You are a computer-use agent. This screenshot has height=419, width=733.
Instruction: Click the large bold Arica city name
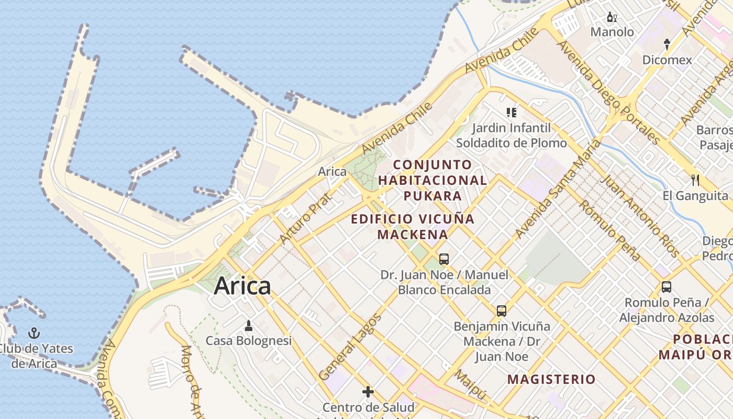242,286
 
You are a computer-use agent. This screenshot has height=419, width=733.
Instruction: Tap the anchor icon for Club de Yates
34,333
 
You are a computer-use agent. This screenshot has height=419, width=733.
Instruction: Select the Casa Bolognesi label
248,341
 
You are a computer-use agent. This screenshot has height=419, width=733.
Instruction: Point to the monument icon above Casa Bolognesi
249,326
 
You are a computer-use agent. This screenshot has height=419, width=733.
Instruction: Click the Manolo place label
612,32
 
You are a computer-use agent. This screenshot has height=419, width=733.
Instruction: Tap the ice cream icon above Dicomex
667,45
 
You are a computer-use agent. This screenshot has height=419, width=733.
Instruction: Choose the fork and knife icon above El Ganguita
695,180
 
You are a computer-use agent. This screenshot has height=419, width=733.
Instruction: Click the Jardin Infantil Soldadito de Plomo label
511,135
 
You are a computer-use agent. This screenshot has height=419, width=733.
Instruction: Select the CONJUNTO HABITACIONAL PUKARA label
432,180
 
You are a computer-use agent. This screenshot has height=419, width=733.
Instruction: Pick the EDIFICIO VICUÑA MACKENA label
413,226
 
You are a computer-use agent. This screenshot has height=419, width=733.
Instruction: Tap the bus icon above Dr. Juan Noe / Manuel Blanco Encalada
444,259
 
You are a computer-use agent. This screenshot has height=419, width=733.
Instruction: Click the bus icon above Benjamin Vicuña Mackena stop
502,311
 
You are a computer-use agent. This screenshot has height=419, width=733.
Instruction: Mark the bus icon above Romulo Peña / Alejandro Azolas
667,287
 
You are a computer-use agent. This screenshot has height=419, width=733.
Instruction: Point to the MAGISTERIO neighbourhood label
552,379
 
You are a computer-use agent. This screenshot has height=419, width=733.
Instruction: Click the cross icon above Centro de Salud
368,392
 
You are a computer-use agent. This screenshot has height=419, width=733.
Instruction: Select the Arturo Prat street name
305,218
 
